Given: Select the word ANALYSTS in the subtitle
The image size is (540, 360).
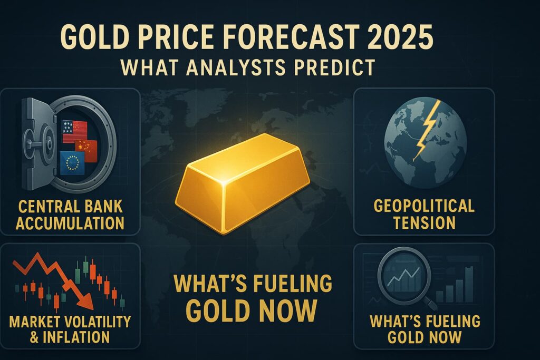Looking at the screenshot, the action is (x=236, y=67).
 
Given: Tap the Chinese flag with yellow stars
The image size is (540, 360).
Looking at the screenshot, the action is (x=86, y=151).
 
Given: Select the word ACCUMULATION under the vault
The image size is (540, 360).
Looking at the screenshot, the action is (x=70, y=223).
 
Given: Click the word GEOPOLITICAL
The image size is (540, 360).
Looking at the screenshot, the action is (x=424, y=206).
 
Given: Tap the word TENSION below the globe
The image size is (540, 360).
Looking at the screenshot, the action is (x=425, y=222).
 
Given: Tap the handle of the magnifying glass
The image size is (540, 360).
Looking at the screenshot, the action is (x=430, y=303).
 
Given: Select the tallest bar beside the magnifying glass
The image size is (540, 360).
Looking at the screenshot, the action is (x=469, y=284).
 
